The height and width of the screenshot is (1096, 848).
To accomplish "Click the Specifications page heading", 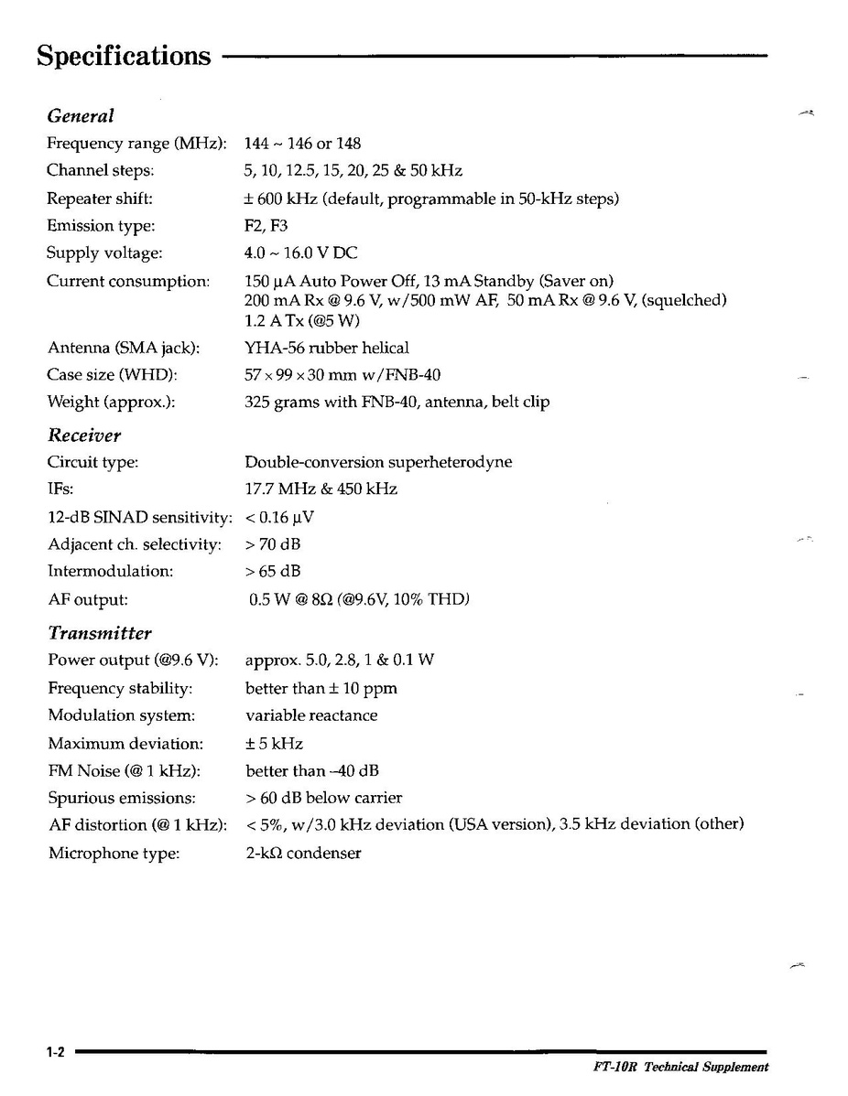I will point(124,57).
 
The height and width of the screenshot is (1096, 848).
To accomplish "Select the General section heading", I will point(81,116).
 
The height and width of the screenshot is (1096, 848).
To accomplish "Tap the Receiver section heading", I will point(84,435).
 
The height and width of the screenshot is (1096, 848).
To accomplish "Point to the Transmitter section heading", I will point(100,633).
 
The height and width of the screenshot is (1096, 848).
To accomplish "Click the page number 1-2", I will point(54,1053).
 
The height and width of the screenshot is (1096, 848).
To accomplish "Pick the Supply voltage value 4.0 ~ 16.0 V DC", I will point(301,253).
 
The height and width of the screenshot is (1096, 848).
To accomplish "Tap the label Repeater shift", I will point(100,198).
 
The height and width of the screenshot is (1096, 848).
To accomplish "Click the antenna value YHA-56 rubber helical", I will point(327,348).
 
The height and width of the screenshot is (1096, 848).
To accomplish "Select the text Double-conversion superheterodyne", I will point(378,462).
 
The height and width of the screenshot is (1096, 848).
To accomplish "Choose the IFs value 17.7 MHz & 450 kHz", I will point(321,489).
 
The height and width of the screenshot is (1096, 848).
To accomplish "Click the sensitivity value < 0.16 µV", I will point(280,518).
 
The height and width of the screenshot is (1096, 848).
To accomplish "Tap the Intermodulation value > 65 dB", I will point(273,572).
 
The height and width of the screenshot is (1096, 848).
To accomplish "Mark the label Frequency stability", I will point(120,688).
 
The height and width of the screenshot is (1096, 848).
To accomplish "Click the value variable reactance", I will point(311,715).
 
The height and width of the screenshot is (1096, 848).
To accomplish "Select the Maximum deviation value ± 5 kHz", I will point(274,744).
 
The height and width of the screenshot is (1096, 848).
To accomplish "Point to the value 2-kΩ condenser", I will point(303,854).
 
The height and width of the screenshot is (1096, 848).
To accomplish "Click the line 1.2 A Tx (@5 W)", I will point(303,321).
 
